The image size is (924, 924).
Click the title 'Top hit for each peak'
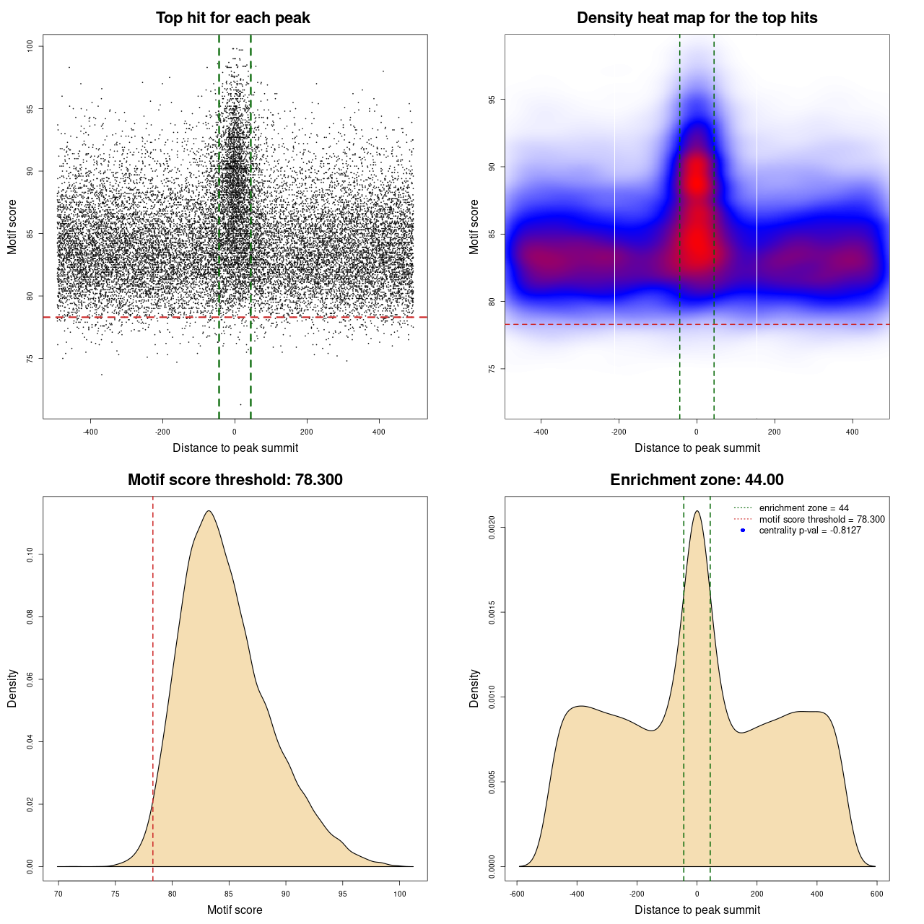[x=232, y=18]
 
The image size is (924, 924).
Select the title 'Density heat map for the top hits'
[x=697, y=18]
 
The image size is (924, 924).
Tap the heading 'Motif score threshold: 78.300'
[x=235, y=480]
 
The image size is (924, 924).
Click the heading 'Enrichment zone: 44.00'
[x=697, y=480]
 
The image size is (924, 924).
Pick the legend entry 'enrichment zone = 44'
[x=803, y=508]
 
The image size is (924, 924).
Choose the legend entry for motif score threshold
[x=821, y=519]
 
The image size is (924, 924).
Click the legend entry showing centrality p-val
[x=810, y=531]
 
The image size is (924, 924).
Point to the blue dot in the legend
[x=743, y=531]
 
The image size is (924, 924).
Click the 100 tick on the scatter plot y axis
[x=30, y=46]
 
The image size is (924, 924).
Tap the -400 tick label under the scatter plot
[x=90, y=432]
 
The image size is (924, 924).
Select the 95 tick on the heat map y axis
[x=492, y=99]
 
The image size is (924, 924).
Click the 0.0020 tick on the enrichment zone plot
[x=492, y=528]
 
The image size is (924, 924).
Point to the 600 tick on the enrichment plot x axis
[x=876, y=894]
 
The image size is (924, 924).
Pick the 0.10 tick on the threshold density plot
[x=30, y=554]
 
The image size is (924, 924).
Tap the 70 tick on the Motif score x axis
[x=58, y=894]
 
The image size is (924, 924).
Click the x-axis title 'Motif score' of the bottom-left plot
[x=235, y=910]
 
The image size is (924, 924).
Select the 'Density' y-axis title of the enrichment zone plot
[x=474, y=688]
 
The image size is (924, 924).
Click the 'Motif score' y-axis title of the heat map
[x=474, y=227]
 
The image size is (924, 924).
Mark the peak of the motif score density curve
[x=209, y=511]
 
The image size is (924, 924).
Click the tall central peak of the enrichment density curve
[x=697, y=511]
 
